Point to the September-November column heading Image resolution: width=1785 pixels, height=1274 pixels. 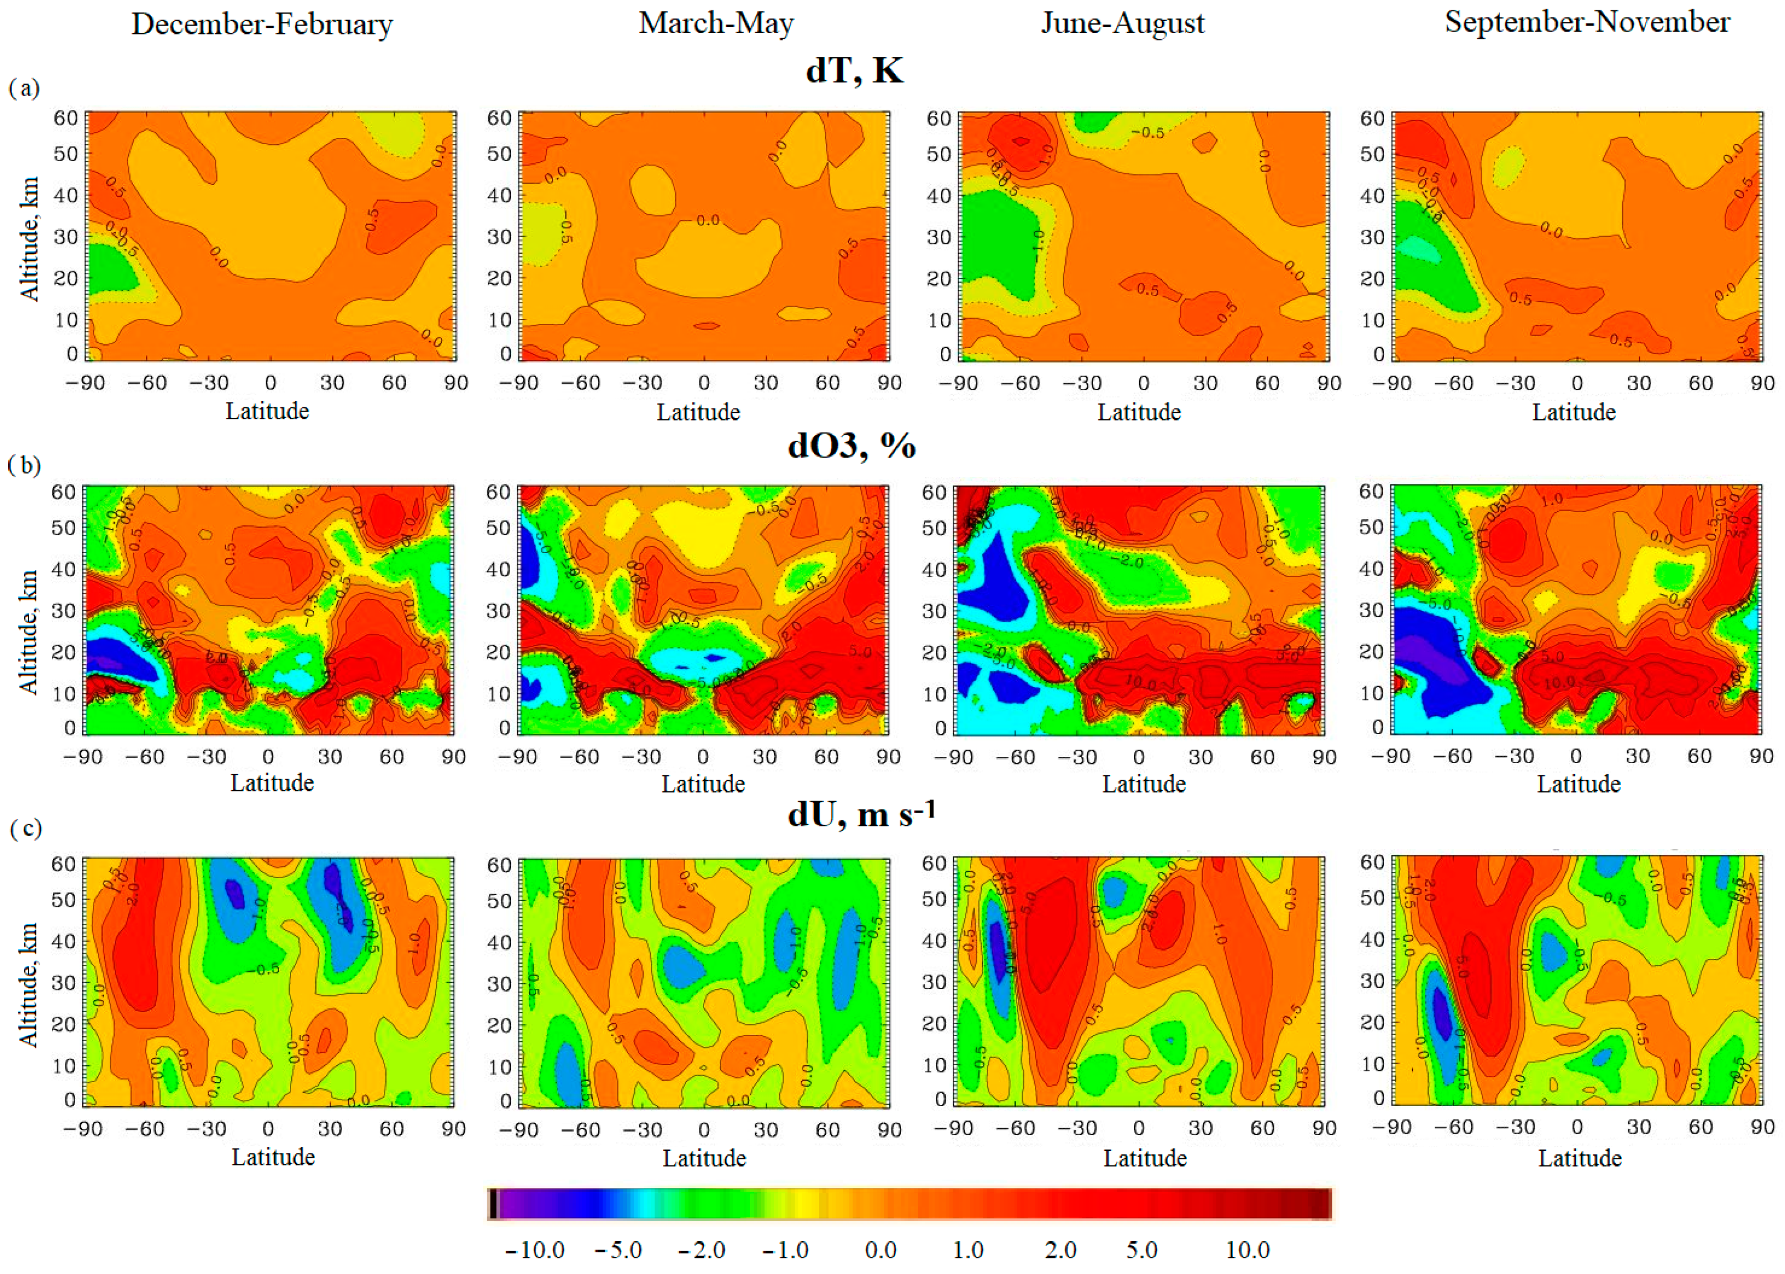[x=1587, y=22]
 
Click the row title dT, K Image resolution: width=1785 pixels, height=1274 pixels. [x=854, y=70]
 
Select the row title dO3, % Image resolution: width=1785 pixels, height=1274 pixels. [x=851, y=446]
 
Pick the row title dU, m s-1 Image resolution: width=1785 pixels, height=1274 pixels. [x=861, y=814]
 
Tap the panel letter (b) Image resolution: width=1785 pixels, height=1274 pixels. [x=24, y=465]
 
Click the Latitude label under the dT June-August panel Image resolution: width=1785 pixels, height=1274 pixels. [x=1139, y=412]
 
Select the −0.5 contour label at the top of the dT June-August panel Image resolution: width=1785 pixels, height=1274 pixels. [x=1147, y=132]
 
